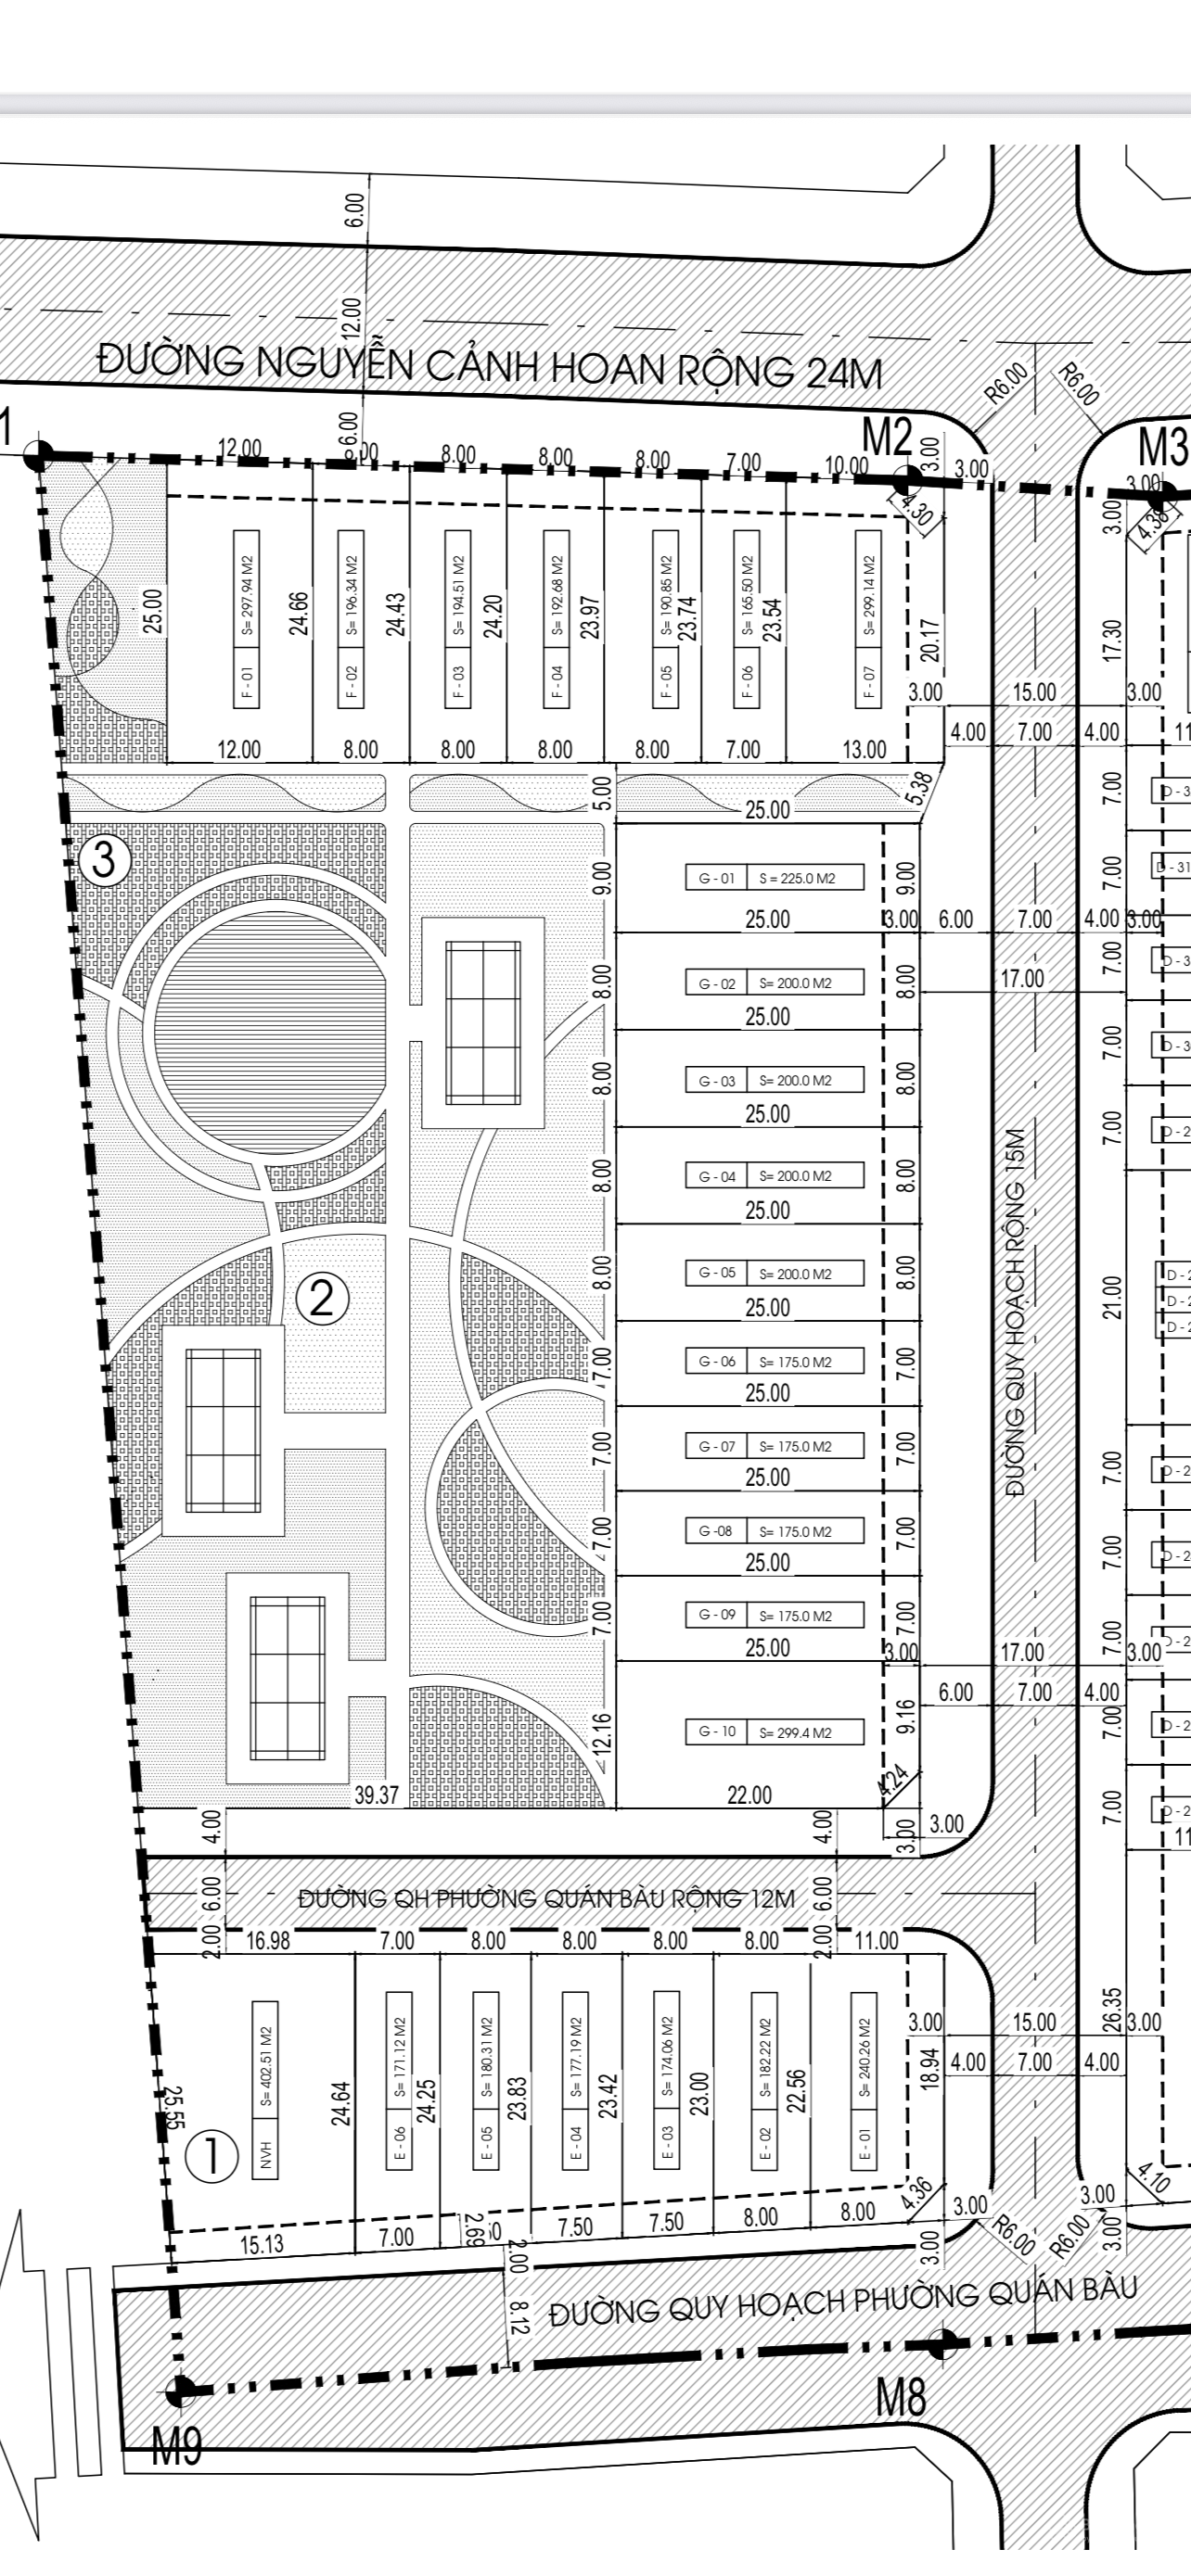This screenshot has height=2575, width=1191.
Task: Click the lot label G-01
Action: (716, 879)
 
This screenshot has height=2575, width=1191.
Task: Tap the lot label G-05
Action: (716, 1273)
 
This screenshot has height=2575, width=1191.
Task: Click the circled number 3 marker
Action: (104, 861)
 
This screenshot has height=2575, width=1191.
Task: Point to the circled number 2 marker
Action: (322, 1299)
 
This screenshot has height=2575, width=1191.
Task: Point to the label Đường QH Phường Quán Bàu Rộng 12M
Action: (547, 1898)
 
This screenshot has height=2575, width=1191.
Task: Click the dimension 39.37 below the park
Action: (377, 1795)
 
